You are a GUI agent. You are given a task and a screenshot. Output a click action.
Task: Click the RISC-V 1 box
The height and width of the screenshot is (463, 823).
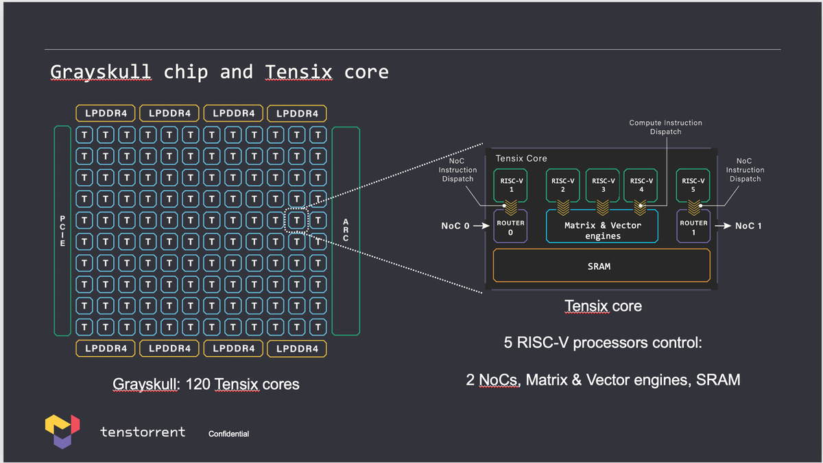pos(511,185)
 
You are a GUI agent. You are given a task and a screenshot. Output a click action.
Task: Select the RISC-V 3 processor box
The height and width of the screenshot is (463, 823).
pos(603,185)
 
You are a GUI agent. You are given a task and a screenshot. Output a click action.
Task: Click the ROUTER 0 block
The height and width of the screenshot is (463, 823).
pos(511,227)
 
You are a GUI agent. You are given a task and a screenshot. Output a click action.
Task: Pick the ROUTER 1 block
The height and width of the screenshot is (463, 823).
pos(693,227)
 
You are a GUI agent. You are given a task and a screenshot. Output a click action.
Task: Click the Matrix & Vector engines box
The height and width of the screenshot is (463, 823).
pos(602,227)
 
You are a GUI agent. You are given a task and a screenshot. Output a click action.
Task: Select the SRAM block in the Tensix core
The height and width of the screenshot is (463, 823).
pos(601,266)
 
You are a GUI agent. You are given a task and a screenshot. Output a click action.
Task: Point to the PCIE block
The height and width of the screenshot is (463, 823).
pos(62,231)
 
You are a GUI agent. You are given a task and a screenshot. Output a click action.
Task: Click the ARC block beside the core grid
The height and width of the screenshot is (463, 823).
pos(346,231)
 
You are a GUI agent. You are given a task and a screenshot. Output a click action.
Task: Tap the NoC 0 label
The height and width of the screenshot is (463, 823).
pos(455,225)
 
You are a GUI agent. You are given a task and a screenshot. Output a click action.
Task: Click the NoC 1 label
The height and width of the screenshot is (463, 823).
pos(748,225)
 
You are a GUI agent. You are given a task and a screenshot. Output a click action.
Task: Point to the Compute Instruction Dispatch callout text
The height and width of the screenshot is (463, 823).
pos(665,127)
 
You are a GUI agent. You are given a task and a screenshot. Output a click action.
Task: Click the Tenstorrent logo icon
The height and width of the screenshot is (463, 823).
pos(62,431)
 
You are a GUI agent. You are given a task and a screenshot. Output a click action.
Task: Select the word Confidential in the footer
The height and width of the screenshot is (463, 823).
pos(228,434)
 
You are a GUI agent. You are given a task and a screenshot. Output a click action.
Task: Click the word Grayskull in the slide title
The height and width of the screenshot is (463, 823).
pos(101,72)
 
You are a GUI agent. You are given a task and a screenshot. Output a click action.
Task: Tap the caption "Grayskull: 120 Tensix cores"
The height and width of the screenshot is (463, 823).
pos(206,384)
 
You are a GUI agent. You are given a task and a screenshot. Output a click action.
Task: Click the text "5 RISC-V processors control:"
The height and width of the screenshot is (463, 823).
pos(603,342)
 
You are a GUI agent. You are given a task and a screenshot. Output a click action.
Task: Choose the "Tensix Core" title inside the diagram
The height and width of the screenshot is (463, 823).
pos(521,158)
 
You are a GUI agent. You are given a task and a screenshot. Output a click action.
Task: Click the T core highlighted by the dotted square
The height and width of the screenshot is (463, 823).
pos(296,221)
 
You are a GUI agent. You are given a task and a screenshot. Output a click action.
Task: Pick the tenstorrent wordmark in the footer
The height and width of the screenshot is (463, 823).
pos(143,431)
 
